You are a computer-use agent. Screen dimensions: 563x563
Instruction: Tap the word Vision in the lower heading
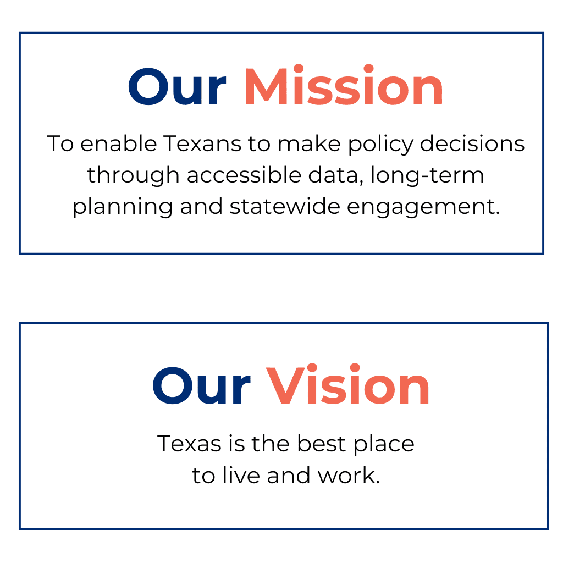348,387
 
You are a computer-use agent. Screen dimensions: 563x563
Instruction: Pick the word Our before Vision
201,387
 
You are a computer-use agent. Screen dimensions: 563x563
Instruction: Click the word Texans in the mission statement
202,144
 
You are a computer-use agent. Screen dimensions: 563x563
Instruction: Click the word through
133,176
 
